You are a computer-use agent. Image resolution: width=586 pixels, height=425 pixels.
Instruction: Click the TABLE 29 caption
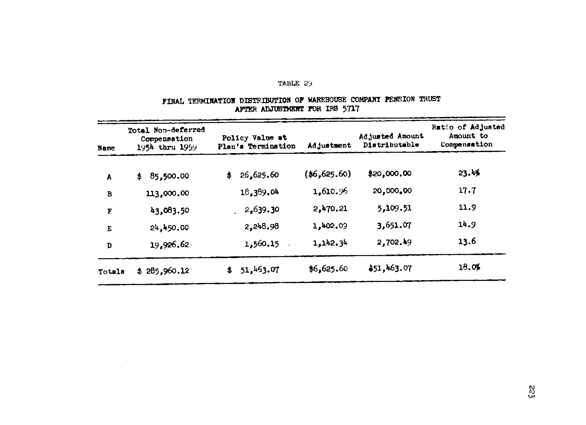(295, 83)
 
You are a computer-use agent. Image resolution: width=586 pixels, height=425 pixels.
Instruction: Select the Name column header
(106, 148)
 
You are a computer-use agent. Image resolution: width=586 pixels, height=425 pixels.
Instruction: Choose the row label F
(109, 211)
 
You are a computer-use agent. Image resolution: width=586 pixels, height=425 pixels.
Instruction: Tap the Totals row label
(111, 271)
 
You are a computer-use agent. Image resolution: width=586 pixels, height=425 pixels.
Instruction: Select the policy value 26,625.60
(259, 175)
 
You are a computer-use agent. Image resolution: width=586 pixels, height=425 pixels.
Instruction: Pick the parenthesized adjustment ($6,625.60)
(328, 174)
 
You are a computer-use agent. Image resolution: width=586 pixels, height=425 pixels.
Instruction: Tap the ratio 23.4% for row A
(469, 173)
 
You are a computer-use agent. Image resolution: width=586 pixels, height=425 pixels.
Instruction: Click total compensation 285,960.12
(167, 271)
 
